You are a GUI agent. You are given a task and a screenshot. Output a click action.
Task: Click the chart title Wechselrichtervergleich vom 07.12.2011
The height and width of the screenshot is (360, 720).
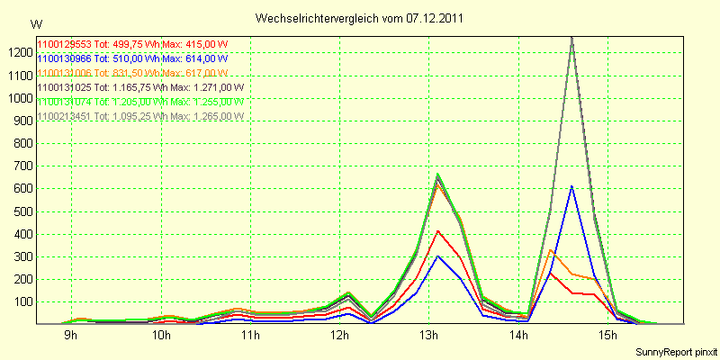[360, 18]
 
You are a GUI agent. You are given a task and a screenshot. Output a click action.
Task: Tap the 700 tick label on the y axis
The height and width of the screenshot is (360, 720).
[21, 166]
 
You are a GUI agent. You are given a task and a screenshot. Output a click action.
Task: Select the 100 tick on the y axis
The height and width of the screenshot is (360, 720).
[21, 301]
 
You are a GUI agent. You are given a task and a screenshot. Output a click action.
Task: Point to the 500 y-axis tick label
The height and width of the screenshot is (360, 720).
[21, 211]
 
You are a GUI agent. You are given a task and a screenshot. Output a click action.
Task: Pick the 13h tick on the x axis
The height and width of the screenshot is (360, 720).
[429, 336]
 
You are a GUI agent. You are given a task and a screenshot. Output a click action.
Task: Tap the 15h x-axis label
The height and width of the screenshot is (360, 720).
[608, 336]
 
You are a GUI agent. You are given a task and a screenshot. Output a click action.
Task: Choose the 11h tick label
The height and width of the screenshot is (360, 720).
[250, 336]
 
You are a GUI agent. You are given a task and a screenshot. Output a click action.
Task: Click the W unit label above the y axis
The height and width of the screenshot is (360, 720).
[36, 23]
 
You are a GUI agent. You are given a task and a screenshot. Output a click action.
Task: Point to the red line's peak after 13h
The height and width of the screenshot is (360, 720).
[437, 231]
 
